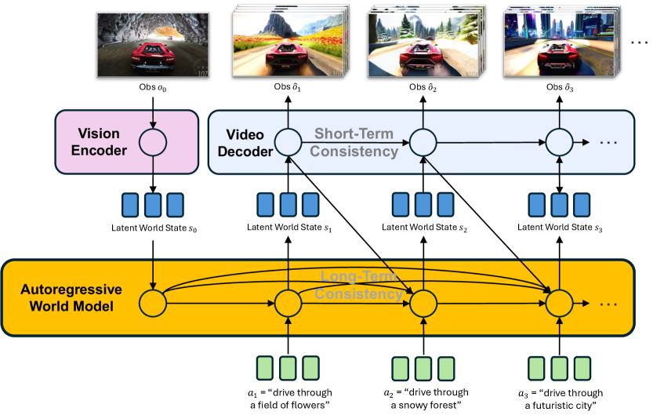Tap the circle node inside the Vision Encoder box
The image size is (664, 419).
(153, 142)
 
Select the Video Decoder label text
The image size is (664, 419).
(249, 141)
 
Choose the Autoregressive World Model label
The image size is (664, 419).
(67, 298)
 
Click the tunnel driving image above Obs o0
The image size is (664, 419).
(152, 46)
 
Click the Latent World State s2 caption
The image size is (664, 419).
(423, 228)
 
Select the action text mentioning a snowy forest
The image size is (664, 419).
(423, 398)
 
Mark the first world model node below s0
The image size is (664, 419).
(152, 301)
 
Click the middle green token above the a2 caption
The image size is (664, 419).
(423, 368)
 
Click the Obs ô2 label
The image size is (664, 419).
(423, 88)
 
